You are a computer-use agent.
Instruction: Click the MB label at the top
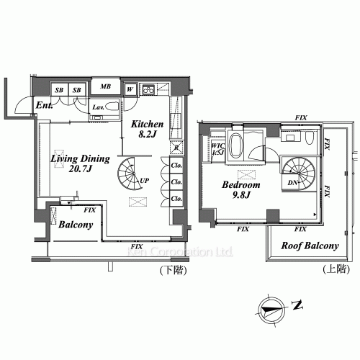106,88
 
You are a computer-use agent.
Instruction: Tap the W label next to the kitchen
130,89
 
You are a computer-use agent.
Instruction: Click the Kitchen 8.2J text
148,129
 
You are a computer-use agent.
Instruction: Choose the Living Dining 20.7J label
80,163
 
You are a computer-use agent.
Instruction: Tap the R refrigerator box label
176,148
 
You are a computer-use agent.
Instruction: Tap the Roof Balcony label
310,246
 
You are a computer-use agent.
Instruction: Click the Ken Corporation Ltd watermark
179,252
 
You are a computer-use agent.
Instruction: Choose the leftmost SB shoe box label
60,89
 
